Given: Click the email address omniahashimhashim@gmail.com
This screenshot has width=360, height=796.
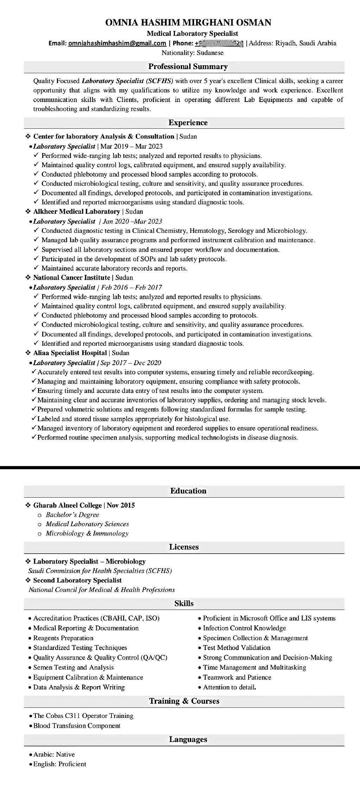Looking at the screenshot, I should coord(117,43).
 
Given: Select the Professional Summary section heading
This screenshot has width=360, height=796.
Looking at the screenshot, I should coord(188,66).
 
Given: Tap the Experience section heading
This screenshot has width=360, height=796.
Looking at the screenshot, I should coord(188,122).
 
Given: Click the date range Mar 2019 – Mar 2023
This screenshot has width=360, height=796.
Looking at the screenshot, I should coord(131,146).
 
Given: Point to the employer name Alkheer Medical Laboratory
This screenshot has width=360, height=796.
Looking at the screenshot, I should coord(76,211).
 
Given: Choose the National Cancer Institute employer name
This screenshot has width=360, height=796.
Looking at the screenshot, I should coord(71,278).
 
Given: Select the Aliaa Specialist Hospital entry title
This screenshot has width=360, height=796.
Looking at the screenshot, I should coord(70,353).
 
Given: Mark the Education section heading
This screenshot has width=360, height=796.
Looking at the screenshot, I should coord(188,491).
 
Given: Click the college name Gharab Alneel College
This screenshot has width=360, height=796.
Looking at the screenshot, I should coord(67,505).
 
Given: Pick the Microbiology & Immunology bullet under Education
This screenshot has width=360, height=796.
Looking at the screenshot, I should coord(87,533).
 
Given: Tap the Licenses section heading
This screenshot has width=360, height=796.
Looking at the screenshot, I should coord(184,547).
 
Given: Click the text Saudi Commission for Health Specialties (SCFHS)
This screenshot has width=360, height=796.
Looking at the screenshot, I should coord(100,571).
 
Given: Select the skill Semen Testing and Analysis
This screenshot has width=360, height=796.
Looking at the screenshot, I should coord(73,667).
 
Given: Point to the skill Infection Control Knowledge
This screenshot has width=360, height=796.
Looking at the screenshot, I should coord(244,628).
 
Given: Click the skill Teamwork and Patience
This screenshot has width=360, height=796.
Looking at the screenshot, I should coord(237,677).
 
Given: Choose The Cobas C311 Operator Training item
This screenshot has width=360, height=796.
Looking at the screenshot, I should coord(83,715).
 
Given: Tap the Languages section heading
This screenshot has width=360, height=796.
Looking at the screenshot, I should coord(188,739).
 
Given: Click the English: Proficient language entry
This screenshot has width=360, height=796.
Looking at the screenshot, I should coord(60,764).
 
